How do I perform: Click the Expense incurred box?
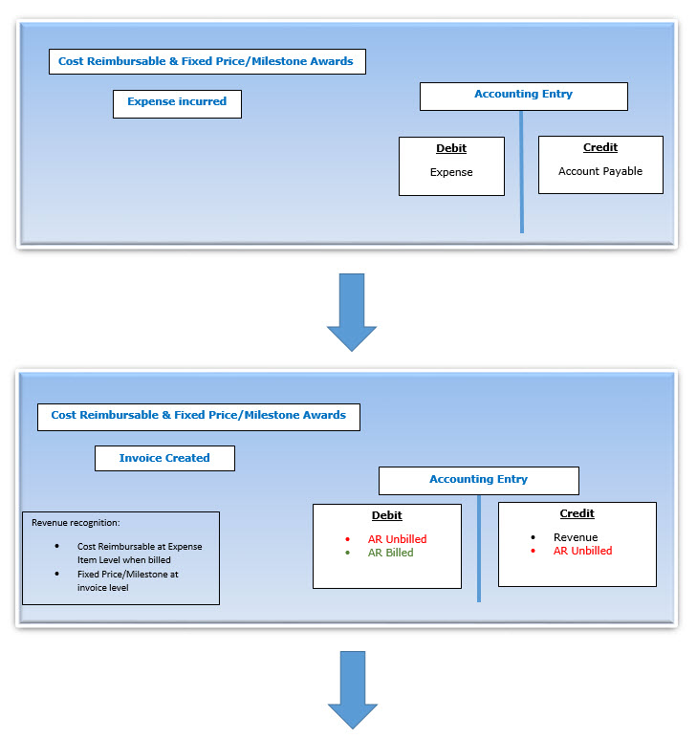[177, 103]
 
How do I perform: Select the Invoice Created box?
[164, 458]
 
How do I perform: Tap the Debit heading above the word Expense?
[451, 148]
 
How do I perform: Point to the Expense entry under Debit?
[451, 172]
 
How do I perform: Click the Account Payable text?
[600, 171]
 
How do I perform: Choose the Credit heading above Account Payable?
[600, 147]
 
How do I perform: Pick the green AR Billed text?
[391, 553]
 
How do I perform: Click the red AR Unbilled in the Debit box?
[397, 539]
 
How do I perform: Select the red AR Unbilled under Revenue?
[582, 551]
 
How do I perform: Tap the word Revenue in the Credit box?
[576, 537]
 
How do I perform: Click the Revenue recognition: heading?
[63, 523]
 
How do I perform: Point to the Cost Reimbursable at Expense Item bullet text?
[140, 553]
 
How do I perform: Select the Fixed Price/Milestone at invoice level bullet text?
[128, 581]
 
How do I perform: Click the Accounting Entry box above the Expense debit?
[523, 95]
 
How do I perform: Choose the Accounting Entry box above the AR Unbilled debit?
[478, 479]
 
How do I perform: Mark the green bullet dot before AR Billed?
[348, 553]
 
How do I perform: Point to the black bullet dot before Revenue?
[534, 537]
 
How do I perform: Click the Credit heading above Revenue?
[577, 513]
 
